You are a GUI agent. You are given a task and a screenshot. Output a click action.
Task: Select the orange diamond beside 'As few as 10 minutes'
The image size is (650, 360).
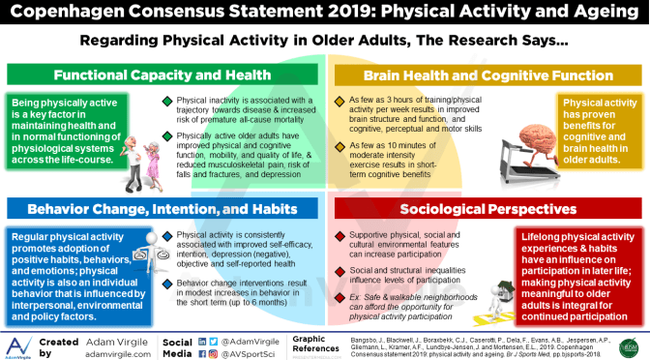(338, 145)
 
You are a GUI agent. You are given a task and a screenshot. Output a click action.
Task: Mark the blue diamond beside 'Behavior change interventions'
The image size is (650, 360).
(167, 283)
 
